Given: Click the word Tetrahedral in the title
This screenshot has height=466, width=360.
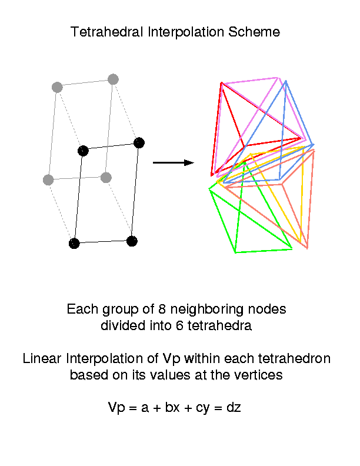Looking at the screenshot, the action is coord(107,32).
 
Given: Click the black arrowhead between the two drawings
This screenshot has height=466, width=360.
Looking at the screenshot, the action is coord(189,162).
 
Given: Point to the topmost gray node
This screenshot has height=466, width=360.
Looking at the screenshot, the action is coord(113,79).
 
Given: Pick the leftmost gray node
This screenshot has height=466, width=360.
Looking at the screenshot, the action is coord(48,180).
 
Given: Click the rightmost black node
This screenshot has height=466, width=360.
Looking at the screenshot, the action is coord(139,143).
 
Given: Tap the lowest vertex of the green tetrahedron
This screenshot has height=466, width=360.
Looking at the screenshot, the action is coord(235,252).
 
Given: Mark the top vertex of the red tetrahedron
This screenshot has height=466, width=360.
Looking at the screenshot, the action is coord(222,83).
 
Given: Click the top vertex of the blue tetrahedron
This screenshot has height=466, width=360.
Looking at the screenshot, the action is coord(286,81).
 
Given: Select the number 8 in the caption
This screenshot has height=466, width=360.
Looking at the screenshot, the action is coord(162,309).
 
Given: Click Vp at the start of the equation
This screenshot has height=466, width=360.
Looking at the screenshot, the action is coord(116,408).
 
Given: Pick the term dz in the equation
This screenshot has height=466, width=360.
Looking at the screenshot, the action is coord(234,407).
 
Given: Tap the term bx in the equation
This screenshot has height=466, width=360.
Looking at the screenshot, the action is coord(172,407).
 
